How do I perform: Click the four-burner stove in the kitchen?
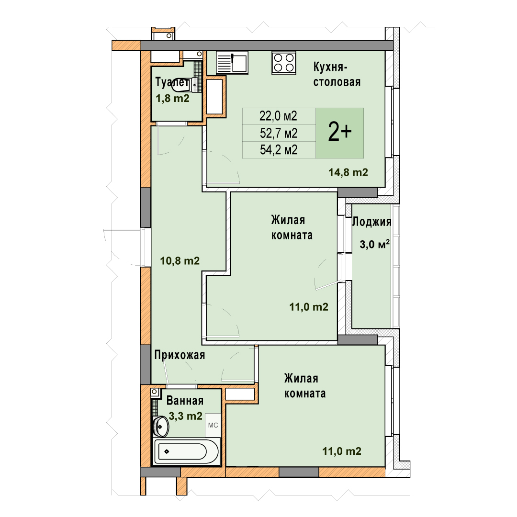click(x=284, y=63)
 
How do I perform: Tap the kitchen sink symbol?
click(x=232, y=63)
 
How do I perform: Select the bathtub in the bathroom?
click(x=186, y=451)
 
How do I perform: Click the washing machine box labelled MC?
click(x=213, y=425)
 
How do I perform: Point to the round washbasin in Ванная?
click(x=161, y=427)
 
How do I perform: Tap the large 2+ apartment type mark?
click(x=340, y=133)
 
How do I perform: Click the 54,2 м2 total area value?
click(x=279, y=150)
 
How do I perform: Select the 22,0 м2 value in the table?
click(x=278, y=116)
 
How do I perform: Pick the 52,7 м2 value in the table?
click(x=279, y=133)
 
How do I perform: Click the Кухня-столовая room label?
click(x=337, y=75)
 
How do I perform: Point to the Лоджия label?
click(x=372, y=222)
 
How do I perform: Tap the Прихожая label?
click(x=180, y=355)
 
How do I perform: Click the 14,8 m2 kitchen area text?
click(x=348, y=172)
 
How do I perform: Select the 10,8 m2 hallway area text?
click(x=180, y=261)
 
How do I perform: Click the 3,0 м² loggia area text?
click(x=374, y=244)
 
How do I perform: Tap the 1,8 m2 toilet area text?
click(x=172, y=98)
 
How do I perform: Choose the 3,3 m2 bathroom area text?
click(x=185, y=416)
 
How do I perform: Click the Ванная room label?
click(x=185, y=401)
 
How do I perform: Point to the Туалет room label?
click(x=171, y=82)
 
